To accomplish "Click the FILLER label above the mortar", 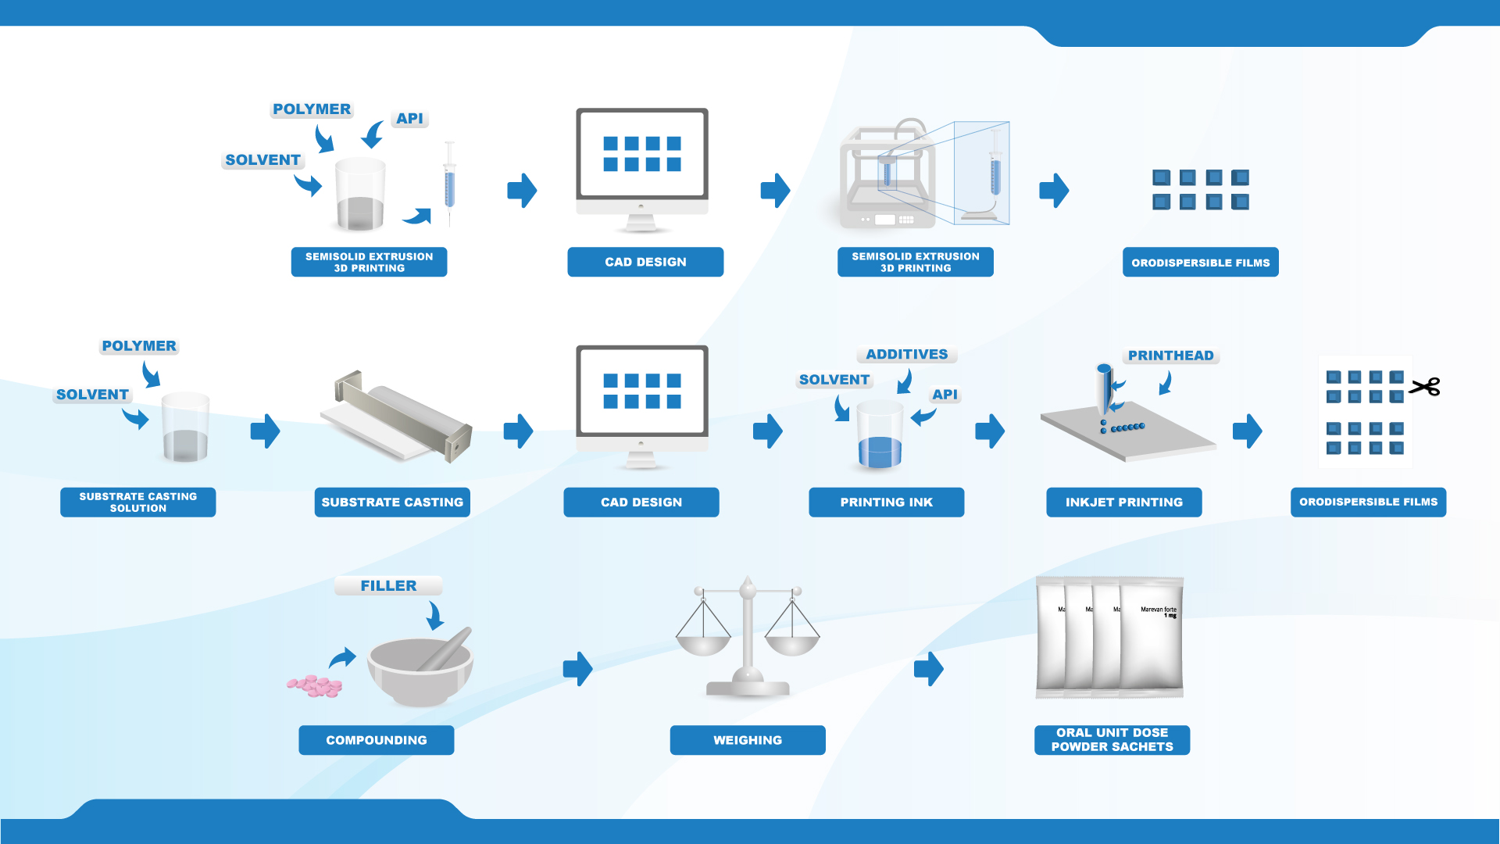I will click(388, 586).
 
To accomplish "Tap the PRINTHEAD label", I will click(1170, 356).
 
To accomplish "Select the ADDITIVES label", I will click(906, 355).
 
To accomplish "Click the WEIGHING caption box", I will click(747, 740).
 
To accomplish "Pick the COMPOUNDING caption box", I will click(376, 740).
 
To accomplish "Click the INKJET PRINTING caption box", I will click(1123, 502).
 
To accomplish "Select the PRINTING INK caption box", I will click(886, 502).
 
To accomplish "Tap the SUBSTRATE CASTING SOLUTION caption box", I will click(137, 502).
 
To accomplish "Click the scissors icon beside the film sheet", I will click(1425, 387).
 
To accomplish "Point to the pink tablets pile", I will click(316, 686).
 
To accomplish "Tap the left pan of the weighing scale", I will click(703, 644).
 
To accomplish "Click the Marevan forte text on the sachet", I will click(1158, 610).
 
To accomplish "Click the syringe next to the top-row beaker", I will click(449, 184).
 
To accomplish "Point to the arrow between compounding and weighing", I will click(578, 669).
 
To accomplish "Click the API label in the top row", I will click(409, 119).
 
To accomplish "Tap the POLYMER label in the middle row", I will click(139, 346).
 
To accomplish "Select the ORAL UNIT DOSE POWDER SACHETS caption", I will click(1112, 740).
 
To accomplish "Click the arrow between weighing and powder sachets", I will click(929, 669).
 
